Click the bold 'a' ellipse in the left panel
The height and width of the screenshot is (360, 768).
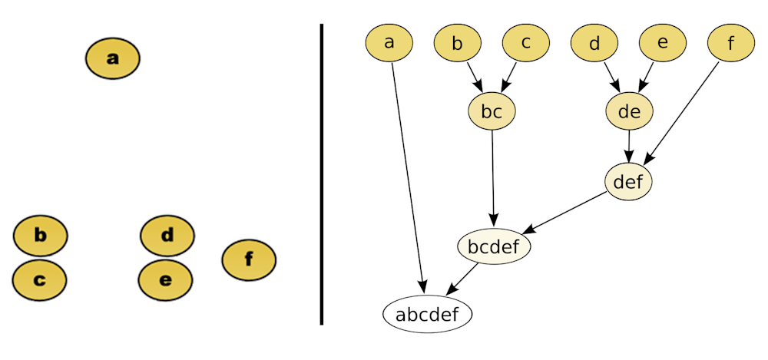[113, 58]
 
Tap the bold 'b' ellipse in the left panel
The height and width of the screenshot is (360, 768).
[41, 236]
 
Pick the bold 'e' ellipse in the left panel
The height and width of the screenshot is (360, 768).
[165, 280]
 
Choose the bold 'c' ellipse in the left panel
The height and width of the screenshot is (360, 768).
[39, 280]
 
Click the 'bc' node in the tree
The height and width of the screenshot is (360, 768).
[492, 112]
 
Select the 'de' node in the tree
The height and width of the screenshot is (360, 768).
[629, 112]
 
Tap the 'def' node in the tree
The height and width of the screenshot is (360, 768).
[628, 182]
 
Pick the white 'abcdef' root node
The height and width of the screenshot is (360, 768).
[427, 314]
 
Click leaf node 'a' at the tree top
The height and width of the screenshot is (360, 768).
[389, 43]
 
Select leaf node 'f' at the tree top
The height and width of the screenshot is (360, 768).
[731, 43]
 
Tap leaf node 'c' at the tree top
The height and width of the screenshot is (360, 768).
[526, 43]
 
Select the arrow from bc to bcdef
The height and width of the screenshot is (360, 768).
[492, 177]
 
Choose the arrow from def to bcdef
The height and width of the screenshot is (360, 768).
[568, 213]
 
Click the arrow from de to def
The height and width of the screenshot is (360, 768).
[629, 147]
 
